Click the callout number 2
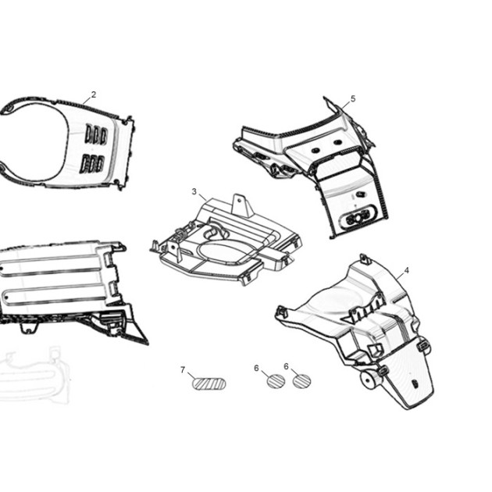tap(94, 94)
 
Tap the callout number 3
tap(194, 191)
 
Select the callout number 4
tap(407, 270)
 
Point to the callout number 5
tap(353, 99)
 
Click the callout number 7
tap(183, 370)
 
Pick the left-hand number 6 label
tap(256, 368)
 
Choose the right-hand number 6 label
tap(286, 366)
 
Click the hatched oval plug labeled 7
tap(209, 383)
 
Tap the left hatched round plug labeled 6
tap(276, 381)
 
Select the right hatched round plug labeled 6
tap(302, 381)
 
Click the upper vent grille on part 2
tap(97, 135)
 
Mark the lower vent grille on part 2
tap(92, 164)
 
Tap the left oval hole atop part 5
tap(316, 150)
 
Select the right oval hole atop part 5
tap(337, 142)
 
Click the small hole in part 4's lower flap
tap(415, 383)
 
